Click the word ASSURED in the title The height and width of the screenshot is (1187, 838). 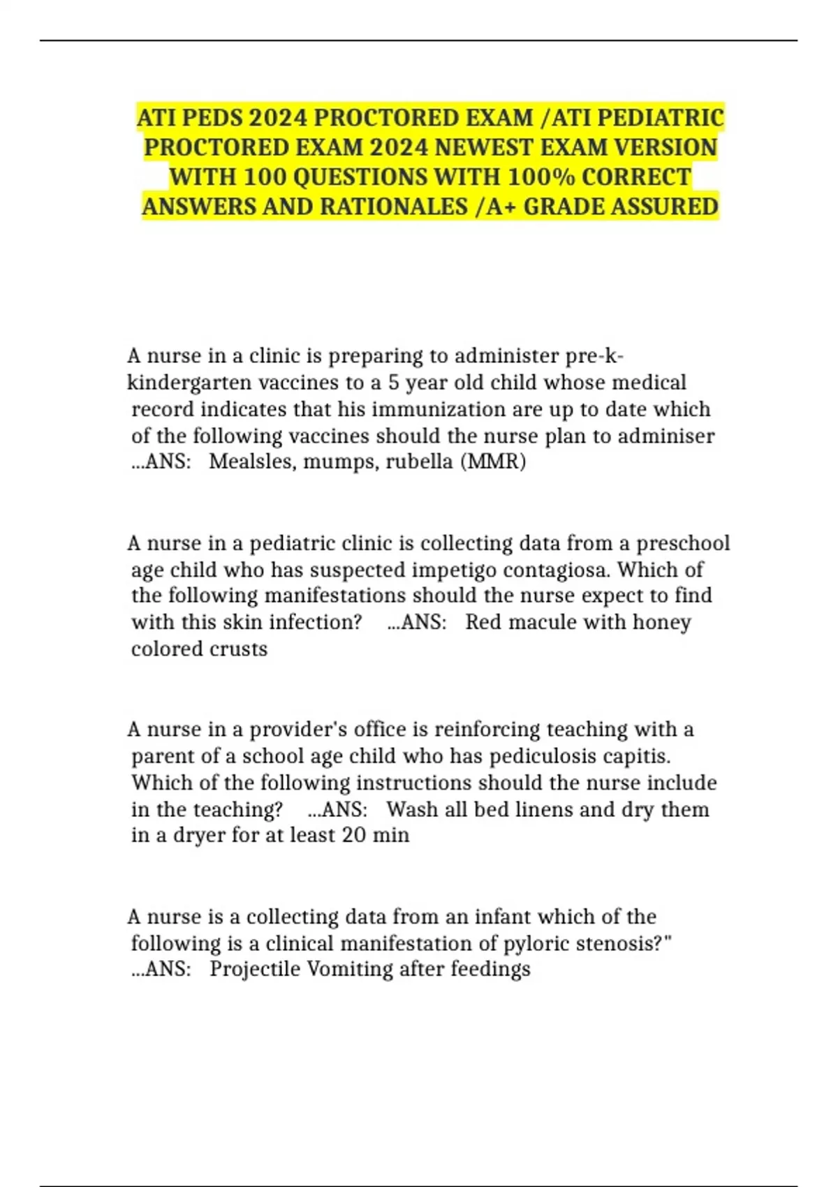[x=666, y=207]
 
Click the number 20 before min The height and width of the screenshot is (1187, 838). [x=354, y=835]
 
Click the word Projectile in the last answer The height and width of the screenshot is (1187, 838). [x=254, y=969]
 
